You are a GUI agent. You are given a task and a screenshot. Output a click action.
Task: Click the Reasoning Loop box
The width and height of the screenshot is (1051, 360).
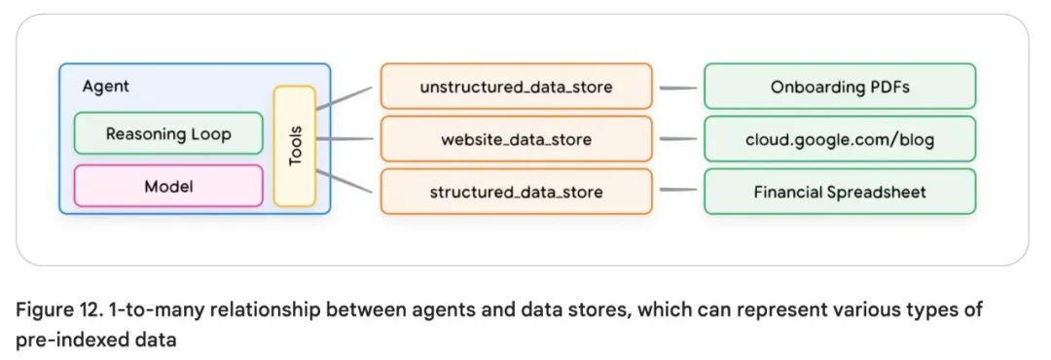coord(168,133)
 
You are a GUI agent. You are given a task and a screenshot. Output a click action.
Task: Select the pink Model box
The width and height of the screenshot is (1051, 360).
coord(168,186)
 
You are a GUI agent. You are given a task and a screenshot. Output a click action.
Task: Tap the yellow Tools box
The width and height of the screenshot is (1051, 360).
coord(295,146)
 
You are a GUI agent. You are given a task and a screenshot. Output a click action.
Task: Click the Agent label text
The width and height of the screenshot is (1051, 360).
coord(106,87)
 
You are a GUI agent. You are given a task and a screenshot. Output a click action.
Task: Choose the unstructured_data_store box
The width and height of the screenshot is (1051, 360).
coord(516,87)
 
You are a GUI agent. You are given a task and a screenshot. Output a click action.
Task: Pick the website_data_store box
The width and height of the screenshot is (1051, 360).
coord(516,139)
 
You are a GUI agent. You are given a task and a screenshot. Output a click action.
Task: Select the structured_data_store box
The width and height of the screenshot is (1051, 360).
coord(516,192)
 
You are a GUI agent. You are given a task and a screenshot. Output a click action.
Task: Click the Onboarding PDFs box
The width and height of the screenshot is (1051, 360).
coord(839,87)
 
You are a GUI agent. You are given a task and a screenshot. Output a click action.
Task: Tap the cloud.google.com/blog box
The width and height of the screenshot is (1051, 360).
coord(839,139)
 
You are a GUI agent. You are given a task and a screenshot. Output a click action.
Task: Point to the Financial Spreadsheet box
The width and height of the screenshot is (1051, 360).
coord(839,192)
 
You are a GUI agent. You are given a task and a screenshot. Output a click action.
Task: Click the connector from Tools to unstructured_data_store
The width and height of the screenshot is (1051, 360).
coord(344,98)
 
